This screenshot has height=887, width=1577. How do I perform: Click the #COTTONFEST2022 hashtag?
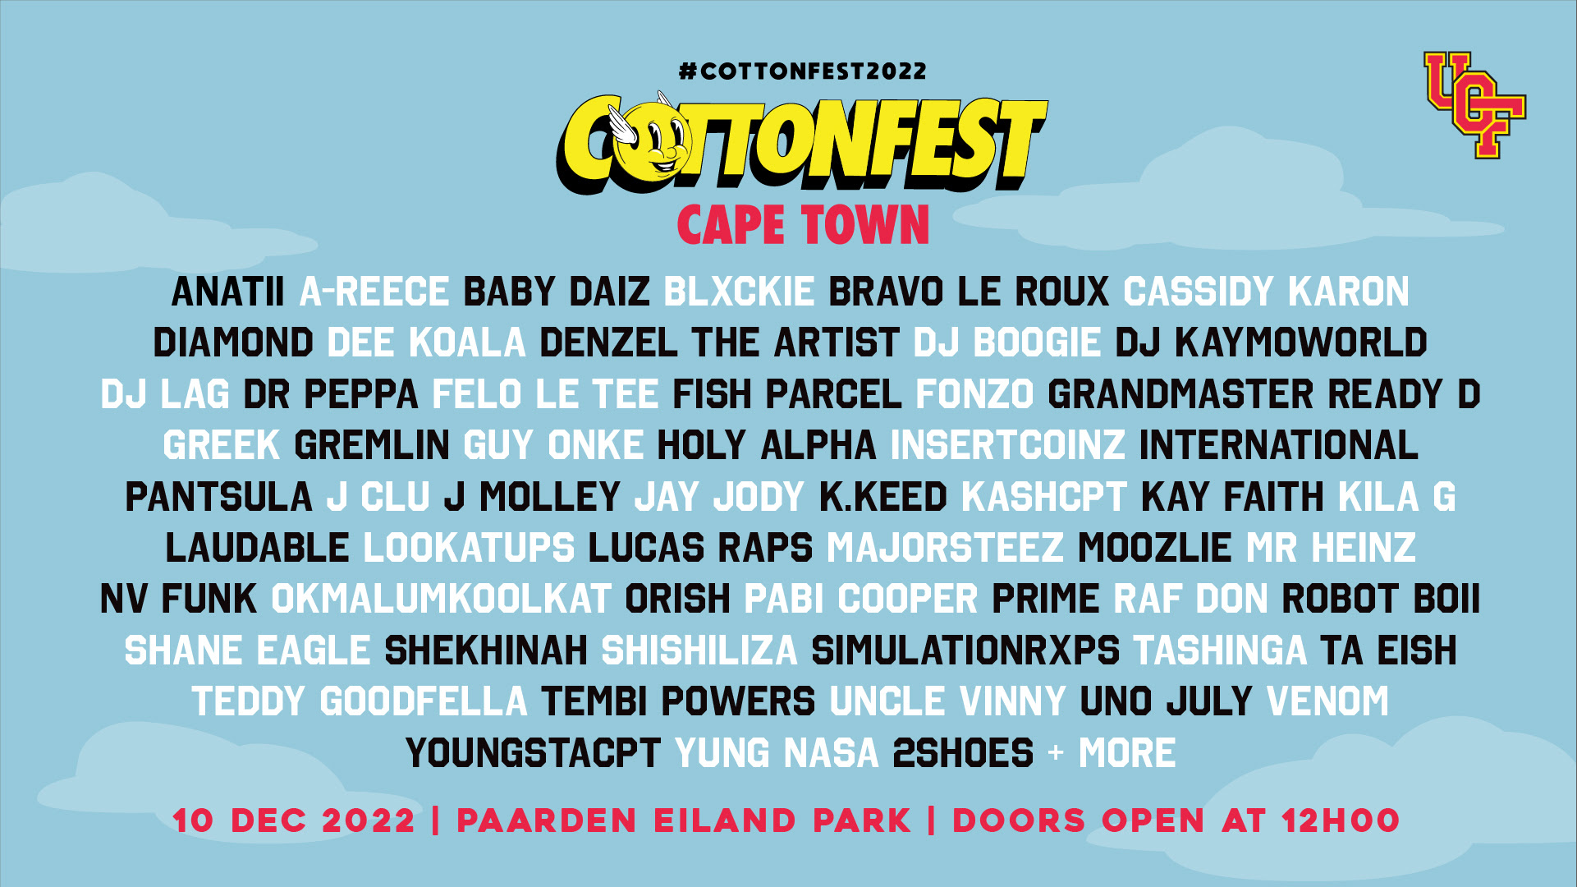click(x=802, y=71)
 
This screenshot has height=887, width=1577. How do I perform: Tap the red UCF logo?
click(x=1474, y=104)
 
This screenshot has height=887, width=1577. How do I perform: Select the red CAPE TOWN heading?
click(x=803, y=225)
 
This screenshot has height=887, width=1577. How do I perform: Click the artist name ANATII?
click(x=228, y=292)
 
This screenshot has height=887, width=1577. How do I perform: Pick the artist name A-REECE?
click(x=374, y=292)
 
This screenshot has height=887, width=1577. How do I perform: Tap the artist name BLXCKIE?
click(x=739, y=292)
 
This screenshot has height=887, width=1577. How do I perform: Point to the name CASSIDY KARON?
click(x=1266, y=292)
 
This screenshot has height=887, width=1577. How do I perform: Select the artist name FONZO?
click(x=974, y=394)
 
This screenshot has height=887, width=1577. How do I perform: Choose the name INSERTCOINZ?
click(x=1008, y=445)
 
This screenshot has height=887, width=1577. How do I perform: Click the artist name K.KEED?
click(x=883, y=497)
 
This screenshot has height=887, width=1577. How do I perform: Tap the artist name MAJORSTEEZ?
click(x=945, y=548)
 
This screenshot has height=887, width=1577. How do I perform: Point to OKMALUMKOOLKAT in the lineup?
click(x=441, y=600)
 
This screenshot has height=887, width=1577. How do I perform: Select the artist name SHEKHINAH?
click(x=486, y=650)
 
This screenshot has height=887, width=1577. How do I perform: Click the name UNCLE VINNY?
click(x=947, y=702)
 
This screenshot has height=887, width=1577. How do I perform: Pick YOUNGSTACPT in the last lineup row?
click(x=533, y=753)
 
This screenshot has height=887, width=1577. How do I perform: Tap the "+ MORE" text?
click(x=1112, y=753)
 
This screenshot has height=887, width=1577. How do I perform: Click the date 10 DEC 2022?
click(x=294, y=820)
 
